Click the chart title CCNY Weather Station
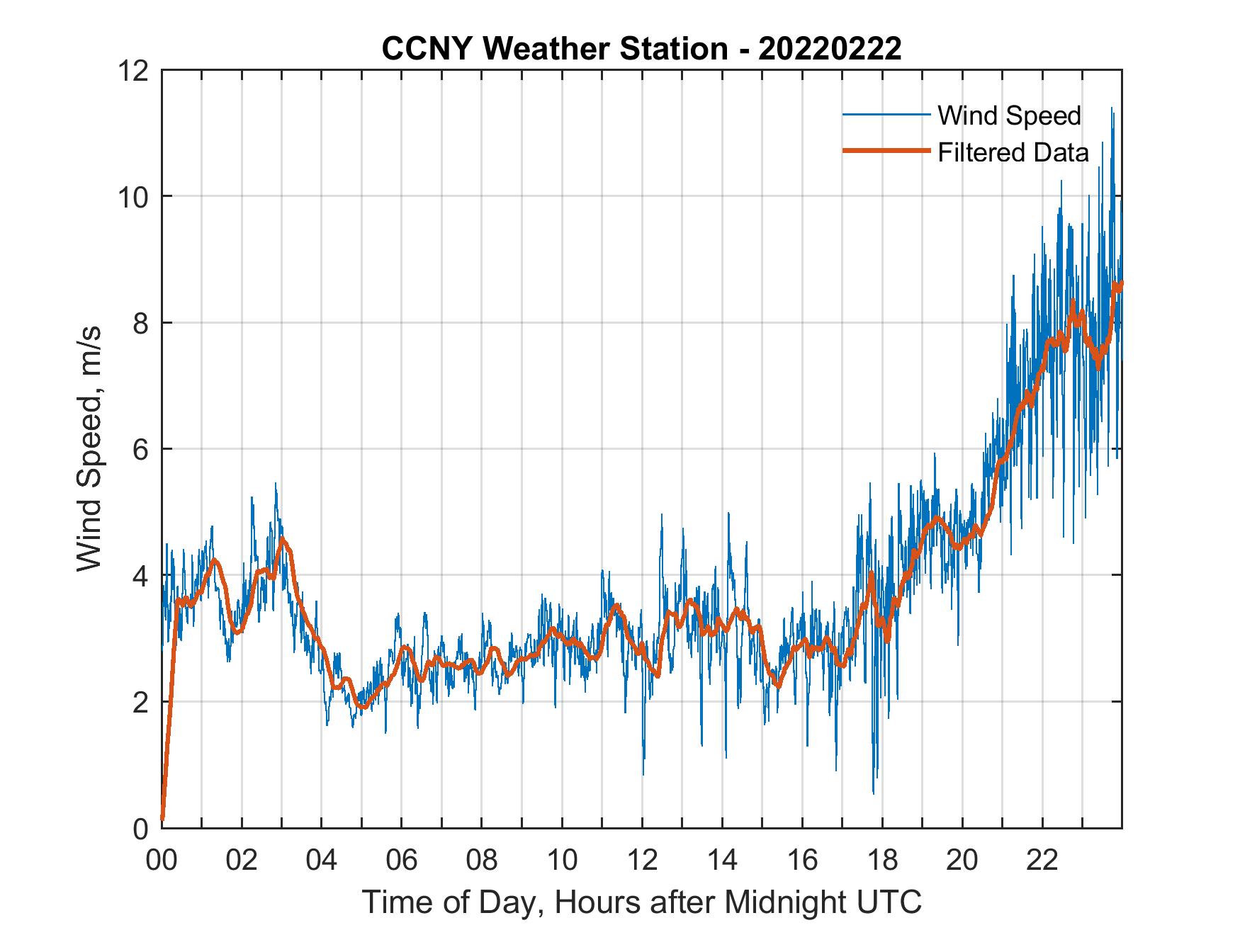pos(554,49)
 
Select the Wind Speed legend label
pos(1009,115)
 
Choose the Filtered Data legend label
pos(1013,152)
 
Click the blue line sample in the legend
pos(885,115)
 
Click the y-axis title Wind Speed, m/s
pos(90,448)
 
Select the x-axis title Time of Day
pos(641,902)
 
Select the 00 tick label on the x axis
pos(162,861)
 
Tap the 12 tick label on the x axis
pos(641,861)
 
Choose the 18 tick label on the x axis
pos(881,861)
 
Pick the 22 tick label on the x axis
pos(1042,861)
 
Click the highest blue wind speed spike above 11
pos(1112,109)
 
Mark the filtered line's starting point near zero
pos(162,819)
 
